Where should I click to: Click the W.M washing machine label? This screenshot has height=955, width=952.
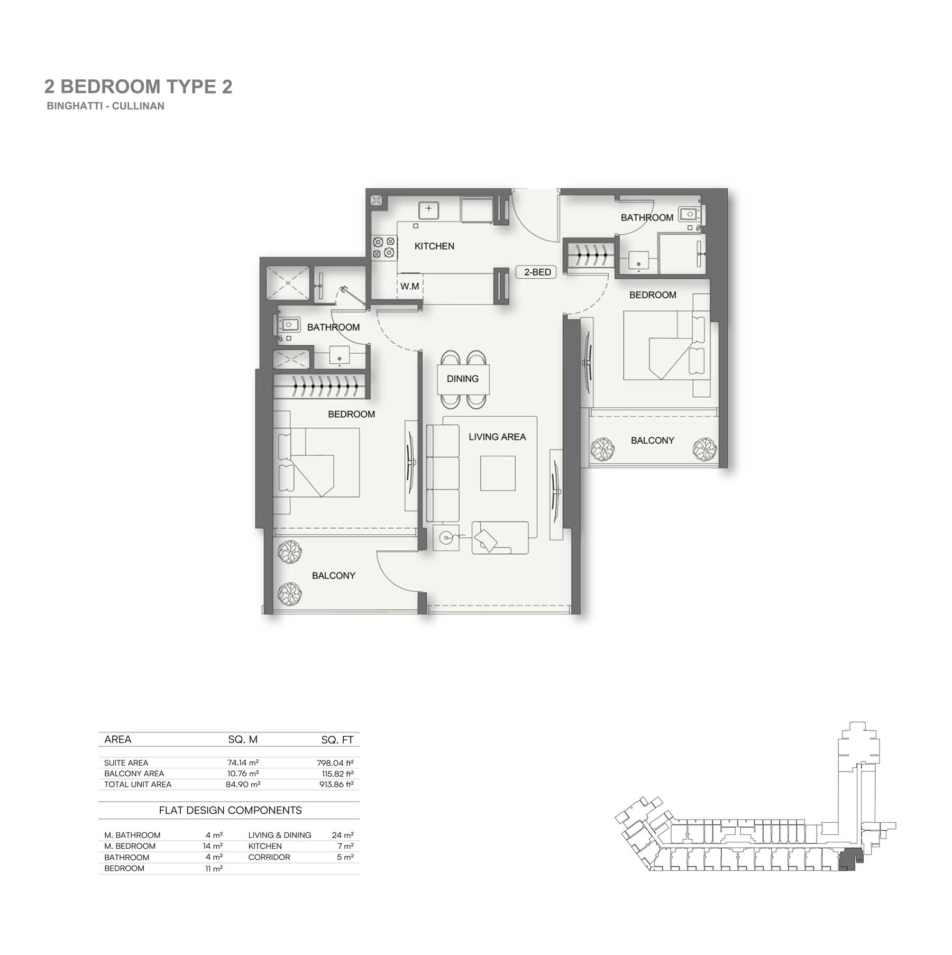409,287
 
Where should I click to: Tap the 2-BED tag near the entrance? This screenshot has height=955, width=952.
536,272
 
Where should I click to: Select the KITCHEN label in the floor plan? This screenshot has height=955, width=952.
434,246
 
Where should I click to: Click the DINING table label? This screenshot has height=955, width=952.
463,379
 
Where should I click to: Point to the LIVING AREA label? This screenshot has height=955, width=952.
497,437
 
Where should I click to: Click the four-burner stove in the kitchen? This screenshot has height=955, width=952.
385,247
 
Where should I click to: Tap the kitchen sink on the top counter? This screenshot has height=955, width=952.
429,209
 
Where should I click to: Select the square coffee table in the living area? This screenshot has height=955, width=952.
498,473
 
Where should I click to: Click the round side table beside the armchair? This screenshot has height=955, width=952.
446,538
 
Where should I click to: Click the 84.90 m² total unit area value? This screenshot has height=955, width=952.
243,784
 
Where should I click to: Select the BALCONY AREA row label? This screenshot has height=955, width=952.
134,773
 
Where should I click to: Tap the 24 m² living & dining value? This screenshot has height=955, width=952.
343,835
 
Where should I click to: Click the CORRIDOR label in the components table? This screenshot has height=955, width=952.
269,857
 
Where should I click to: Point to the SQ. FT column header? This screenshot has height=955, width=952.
337,740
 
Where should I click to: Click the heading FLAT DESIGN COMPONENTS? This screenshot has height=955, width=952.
231,810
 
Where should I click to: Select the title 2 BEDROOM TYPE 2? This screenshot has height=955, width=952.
139,86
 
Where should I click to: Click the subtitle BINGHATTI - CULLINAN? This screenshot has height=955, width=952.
106,106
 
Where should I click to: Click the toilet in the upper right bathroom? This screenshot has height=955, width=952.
689,214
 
